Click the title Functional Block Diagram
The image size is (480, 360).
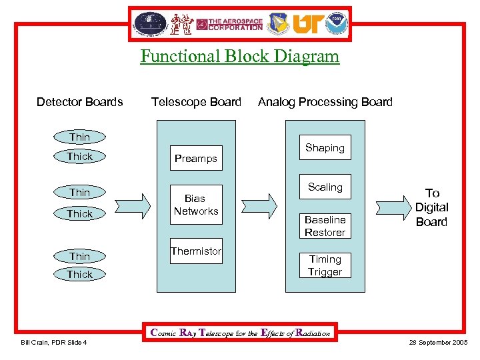coord(239,56)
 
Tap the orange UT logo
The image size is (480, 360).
coord(307,24)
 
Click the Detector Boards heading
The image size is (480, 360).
coord(79,102)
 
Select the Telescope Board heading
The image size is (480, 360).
coord(196,102)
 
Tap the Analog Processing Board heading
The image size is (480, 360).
coord(325,102)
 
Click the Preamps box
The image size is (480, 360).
coord(195,158)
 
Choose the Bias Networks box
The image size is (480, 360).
coord(195,205)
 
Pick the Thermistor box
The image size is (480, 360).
coord(195,251)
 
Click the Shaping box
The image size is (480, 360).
coord(325,148)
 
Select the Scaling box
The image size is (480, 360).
coord(325,187)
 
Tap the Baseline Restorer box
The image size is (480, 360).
coord(325,226)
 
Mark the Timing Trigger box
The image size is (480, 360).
coord(325,265)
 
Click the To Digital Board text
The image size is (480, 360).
coord(431,207)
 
